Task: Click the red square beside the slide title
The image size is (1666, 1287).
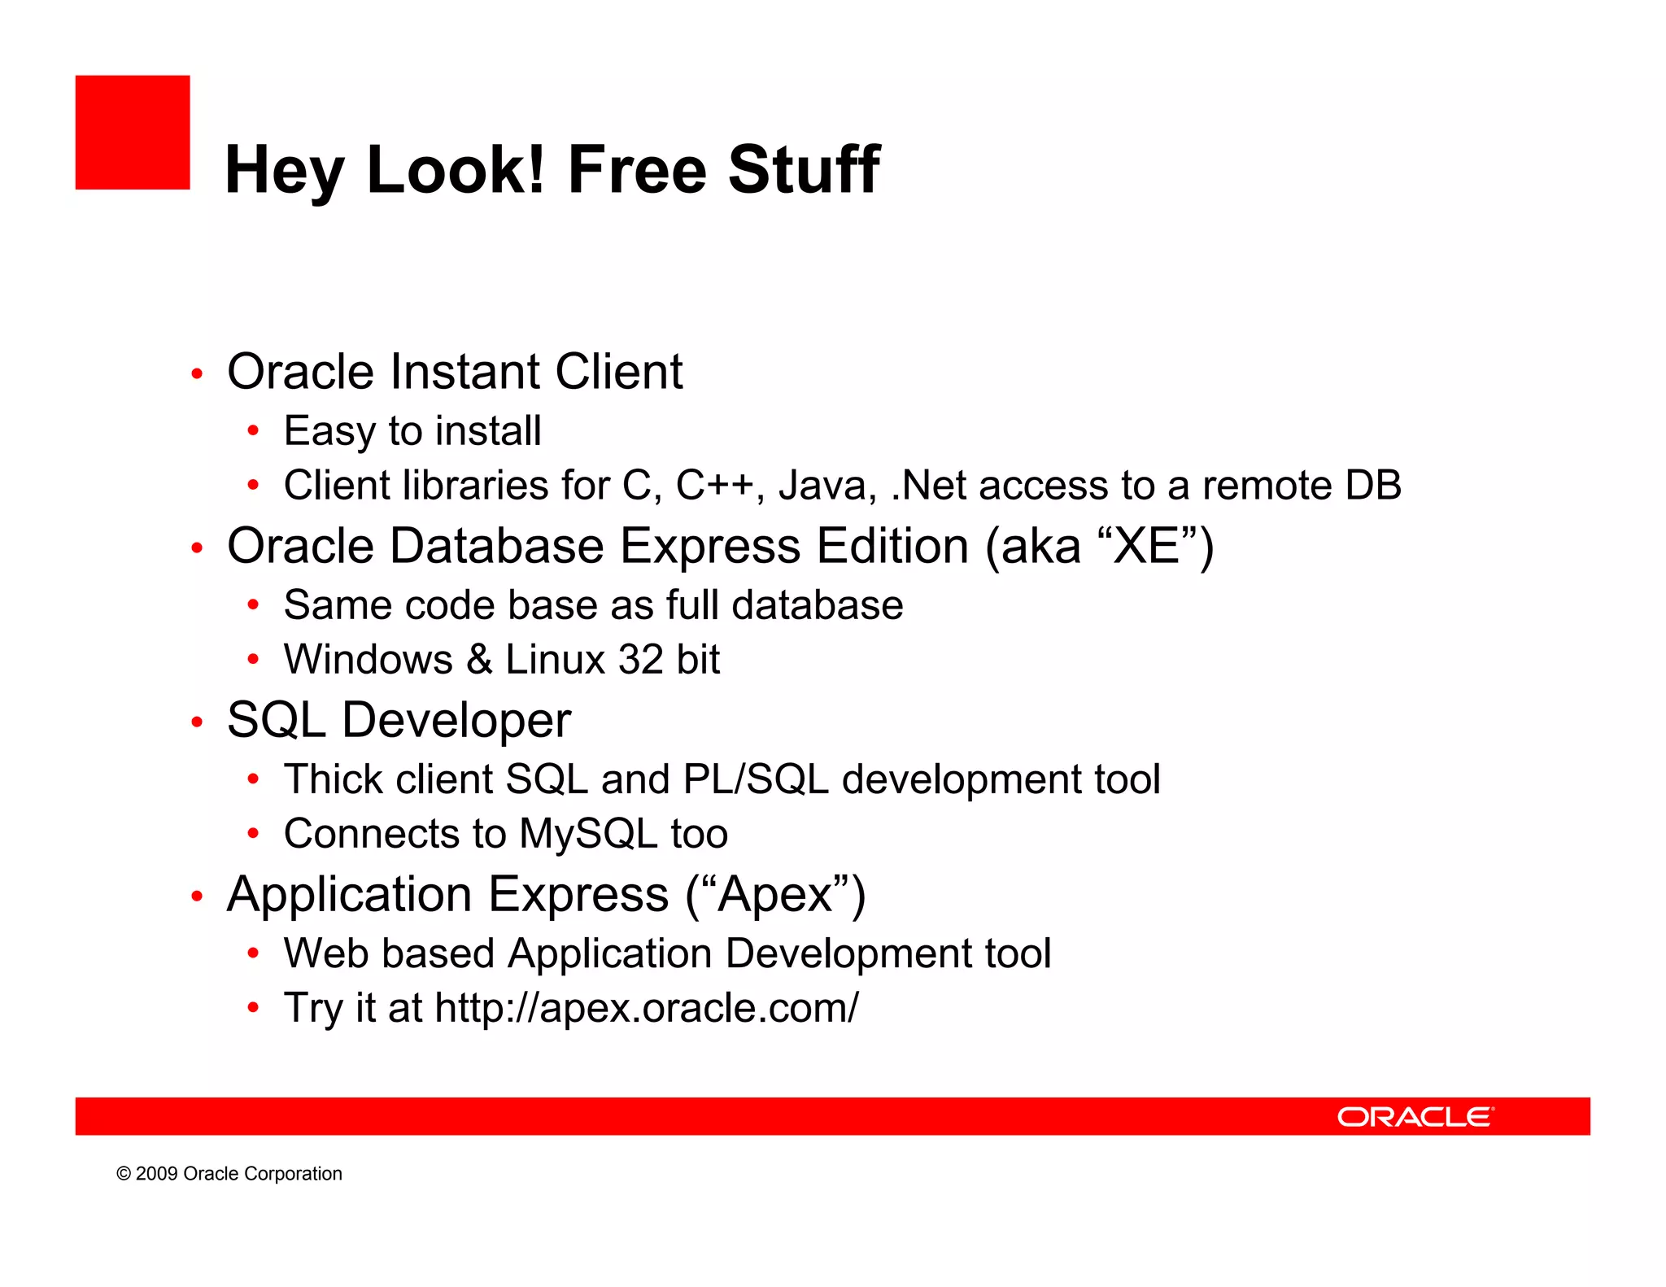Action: coord(133,133)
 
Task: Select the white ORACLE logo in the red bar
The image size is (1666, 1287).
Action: coord(1415,1117)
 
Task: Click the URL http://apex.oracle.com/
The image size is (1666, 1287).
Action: coord(647,1008)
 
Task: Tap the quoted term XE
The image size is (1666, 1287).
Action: coord(1147,546)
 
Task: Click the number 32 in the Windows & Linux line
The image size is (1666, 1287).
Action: coord(641,660)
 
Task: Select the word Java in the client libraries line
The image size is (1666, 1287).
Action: coord(826,486)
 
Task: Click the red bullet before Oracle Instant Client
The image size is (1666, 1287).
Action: coord(196,374)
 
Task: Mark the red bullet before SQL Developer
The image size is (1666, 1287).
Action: coord(196,722)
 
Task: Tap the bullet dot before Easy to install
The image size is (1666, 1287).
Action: coord(253,430)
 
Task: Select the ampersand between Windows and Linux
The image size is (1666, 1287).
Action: coord(479,660)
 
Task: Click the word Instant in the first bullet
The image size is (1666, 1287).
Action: coord(465,372)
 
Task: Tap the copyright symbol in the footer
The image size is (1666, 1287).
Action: coord(124,1174)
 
